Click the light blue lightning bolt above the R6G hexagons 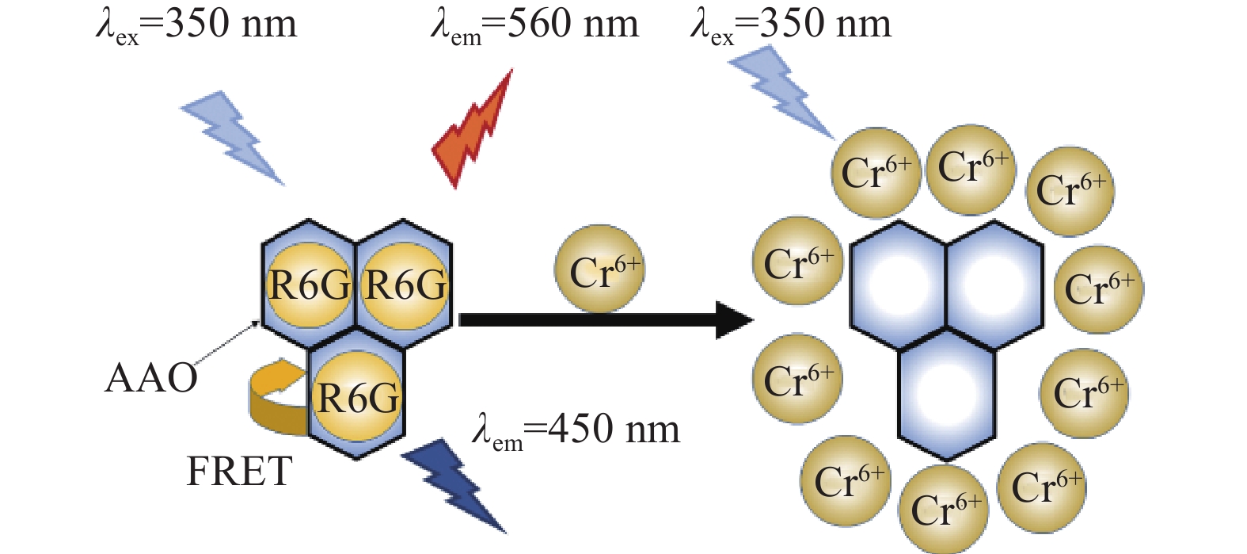pos(234,136)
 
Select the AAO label pos(151,379)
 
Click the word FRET pos(239,472)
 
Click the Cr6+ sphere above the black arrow pos(599,269)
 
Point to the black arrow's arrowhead pos(735,320)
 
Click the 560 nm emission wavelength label pos(534,25)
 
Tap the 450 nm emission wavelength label pos(576,431)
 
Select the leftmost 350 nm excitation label pos(196,25)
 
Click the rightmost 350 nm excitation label pos(790,25)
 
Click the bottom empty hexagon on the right pos(946,395)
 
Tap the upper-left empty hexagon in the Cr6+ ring pos(898,285)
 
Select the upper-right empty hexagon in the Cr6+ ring pos(995,285)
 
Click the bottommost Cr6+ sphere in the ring pos(944,510)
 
